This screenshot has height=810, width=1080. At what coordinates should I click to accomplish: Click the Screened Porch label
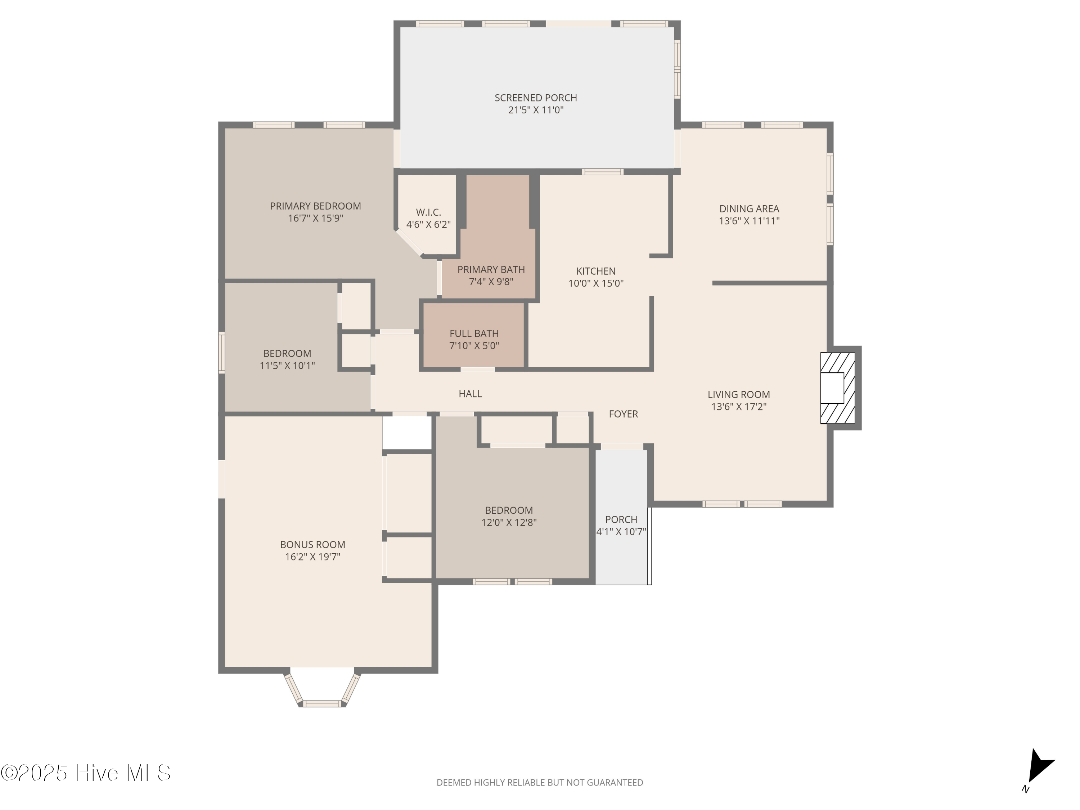point(536,98)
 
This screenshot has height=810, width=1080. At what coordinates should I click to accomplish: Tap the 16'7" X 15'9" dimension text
point(315,218)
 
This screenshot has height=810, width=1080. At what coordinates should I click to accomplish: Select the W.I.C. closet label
point(428,212)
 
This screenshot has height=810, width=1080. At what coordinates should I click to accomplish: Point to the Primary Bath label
point(491,270)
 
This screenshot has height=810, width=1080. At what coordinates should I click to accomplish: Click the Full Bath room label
point(474,333)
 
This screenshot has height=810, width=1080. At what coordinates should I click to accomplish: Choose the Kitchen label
point(596,271)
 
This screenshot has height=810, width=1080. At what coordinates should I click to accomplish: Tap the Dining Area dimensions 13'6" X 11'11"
point(749,221)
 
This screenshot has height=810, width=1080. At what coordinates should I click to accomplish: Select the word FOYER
point(623,414)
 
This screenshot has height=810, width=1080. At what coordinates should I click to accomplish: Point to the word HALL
point(470,393)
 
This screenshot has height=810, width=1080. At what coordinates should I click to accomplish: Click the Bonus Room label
point(312,544)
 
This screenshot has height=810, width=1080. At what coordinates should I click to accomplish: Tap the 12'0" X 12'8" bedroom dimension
point(509,522)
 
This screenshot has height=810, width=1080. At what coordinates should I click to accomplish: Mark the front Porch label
point(621,519)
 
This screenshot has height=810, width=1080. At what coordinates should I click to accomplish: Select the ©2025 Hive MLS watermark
point(85,773)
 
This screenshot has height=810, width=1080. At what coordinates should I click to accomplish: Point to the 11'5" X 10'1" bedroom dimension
point(287,366)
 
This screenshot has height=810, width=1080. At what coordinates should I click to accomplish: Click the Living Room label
point(738,395)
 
